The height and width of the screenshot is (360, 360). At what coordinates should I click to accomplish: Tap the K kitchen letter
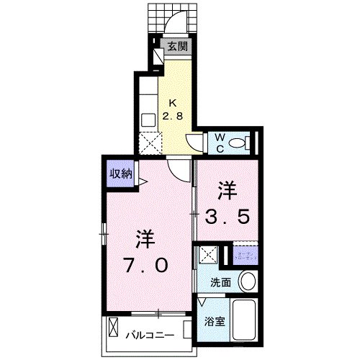174,102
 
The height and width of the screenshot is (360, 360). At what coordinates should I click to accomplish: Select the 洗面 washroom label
222,283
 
